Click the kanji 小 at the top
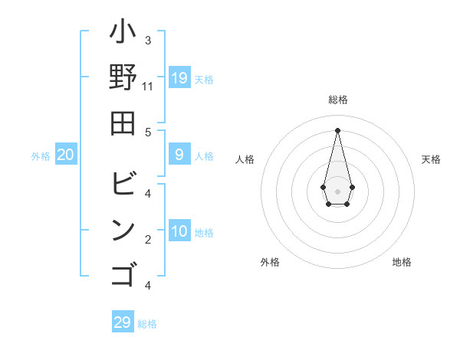pyautogui.click(x=123, y=34)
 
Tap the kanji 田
pyautogui.click(x=123, y=123)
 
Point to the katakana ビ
pyautogui.click(x=123, y=185)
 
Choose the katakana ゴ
pyautogui.click(x=123, y=273)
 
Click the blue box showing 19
pyautogui.click(x=179, y=77)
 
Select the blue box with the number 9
pyautogui.click(x=179, y=155)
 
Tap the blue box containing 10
pyautogui.click(x=179, y=231)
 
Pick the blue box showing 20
pyautogui.click(x=66, y=155)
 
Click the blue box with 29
pyautogui.click(x=123, y=322)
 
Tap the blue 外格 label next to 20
pyautogui.click(x=41, y=156)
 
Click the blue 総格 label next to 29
pyautogui.click(x=147, y=324)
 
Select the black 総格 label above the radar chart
pyautogui.click(x=338, y=100)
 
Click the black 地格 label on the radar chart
pyautogui.click(x=402, y=262)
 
